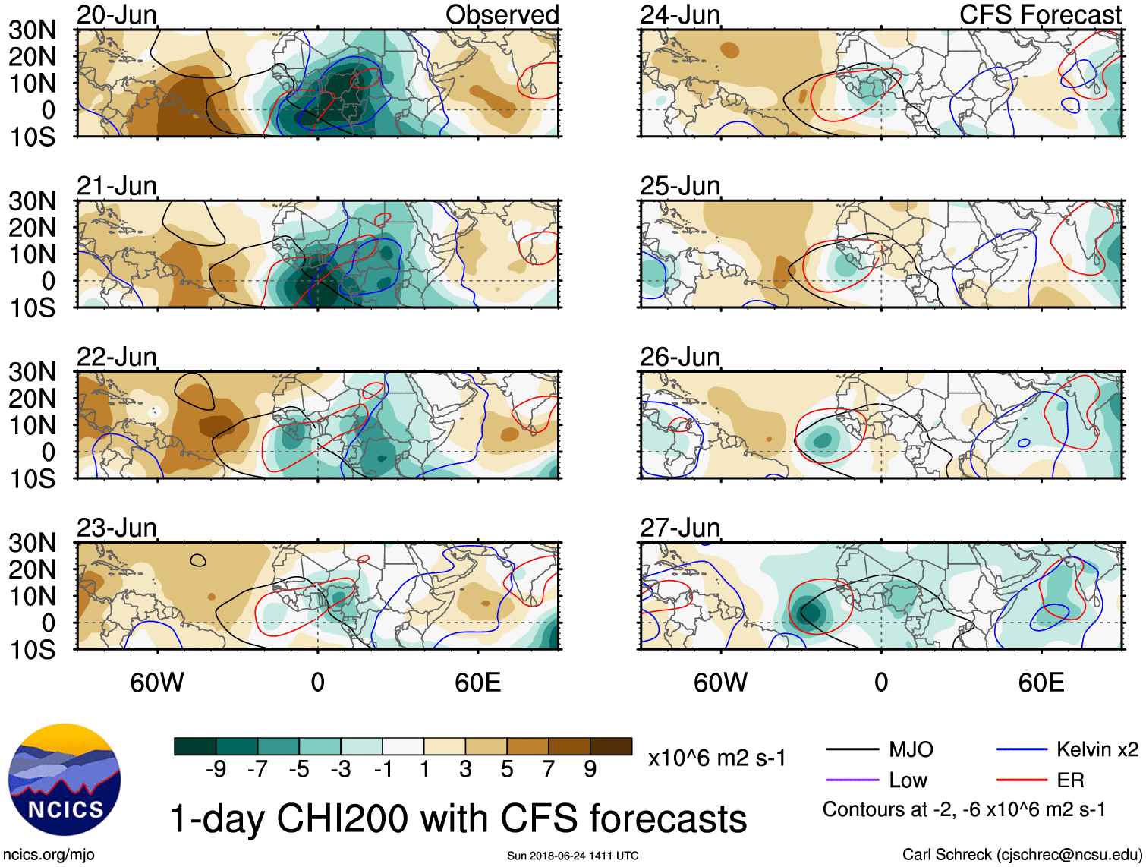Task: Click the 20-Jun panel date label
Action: click(116, 15)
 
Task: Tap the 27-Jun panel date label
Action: click(680, 528)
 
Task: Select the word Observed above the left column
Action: click(502, 15)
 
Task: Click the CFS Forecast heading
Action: click(1040, 15)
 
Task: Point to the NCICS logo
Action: click(65, 780)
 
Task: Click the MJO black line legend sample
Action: click(852, 750)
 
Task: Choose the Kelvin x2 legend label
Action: click(1097, 750)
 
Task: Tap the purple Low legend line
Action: click(852, 780)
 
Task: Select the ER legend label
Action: click(1070, 780)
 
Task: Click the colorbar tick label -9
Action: click(216, 770)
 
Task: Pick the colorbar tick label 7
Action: click(549, 770)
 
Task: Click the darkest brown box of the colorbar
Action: click(611, 746)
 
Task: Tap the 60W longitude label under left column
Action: click(157, 683)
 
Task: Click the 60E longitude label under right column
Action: click(1041, 683)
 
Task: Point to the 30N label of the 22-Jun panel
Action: click(32, 372)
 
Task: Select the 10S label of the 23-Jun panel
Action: click(32, 650)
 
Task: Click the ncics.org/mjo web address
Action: click(49, 855)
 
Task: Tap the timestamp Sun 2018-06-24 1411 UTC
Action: click(572, 856)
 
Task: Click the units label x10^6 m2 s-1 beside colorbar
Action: click(717, 758)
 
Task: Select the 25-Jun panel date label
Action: click(680, 186)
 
